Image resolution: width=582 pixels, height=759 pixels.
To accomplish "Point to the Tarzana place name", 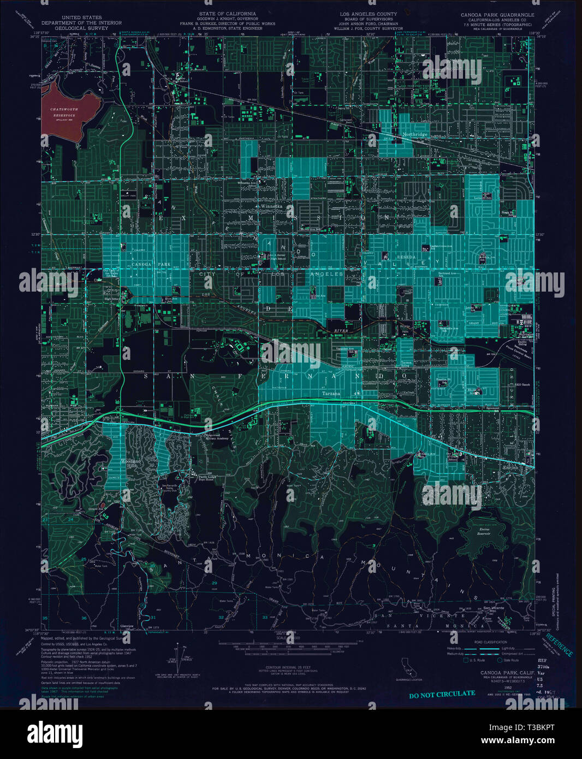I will tap(331, 393).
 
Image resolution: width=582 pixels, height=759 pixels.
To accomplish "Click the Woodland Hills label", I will tap(130, 464).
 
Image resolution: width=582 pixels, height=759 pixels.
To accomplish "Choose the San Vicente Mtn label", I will tap(494, 609).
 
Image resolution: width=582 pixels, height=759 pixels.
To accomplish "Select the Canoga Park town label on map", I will tap(151, 264).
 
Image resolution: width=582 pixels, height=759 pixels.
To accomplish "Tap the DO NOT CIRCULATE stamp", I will tap(442, 693).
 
